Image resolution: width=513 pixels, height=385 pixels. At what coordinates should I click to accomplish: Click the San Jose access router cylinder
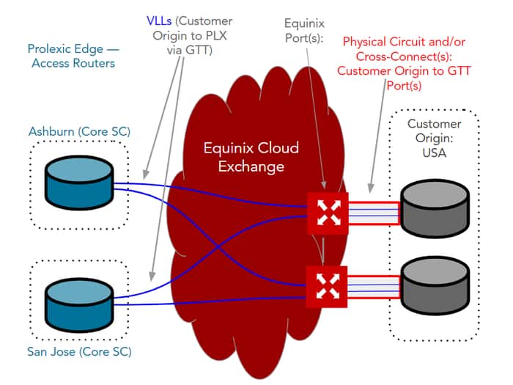pyautogui.click(x=78, y=296)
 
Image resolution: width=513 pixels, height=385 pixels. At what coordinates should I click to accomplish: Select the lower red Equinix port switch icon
pyautogui.click(x=326, y=285)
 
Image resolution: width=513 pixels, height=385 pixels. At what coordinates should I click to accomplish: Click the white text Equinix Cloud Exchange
pyautogui.click(x=251, y=157)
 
